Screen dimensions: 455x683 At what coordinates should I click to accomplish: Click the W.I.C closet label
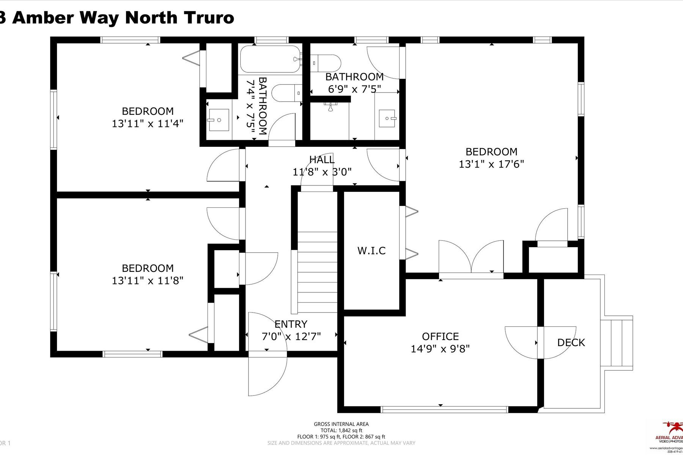(371, 251)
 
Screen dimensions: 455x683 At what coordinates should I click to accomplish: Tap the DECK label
(571, 343)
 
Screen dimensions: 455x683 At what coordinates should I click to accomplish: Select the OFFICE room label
(440, 336)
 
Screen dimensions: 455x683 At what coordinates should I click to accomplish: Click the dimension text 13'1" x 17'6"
(491, 164)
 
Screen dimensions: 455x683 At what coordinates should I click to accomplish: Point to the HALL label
(322, 160)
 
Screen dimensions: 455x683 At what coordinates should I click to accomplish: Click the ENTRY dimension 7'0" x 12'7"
(291, 336)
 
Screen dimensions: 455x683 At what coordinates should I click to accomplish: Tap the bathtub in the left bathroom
(271, 59)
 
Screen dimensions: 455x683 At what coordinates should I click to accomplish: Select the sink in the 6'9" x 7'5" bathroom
(387, 118)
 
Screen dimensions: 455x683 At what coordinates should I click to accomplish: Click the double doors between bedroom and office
(471, 258)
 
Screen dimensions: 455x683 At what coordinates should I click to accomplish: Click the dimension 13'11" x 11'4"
(148, 124)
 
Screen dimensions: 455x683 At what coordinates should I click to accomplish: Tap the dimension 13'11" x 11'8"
(148, 281)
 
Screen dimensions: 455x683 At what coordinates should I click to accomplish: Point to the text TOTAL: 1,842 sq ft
(341, 430)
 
